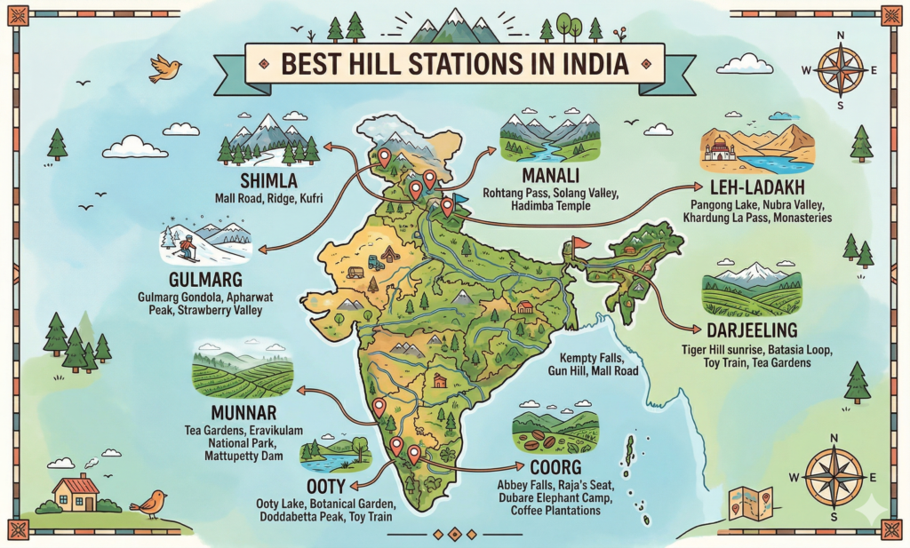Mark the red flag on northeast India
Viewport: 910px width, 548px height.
581,242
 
